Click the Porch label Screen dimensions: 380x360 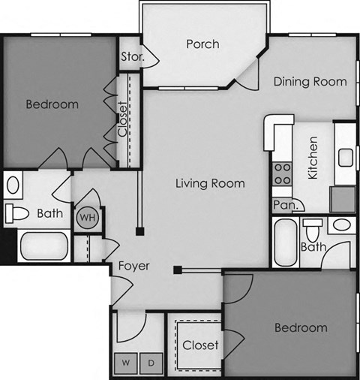(x=202, y=44)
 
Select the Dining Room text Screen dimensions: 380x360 (x=310, y=82)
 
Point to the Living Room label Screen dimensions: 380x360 (x=210, y=183)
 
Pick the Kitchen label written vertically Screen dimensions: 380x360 (x=313, y=157)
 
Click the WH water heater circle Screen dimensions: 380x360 (x=88, y=217)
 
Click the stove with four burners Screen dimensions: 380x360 (x=282, y=174)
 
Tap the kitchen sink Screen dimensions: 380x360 (x=345, y=158)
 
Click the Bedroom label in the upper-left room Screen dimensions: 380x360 (x=52, y=104)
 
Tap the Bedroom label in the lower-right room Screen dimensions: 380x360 (x=300, y=327)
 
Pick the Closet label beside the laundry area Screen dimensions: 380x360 (x=200, y=345)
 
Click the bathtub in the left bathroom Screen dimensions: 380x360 (x=43, y=246)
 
